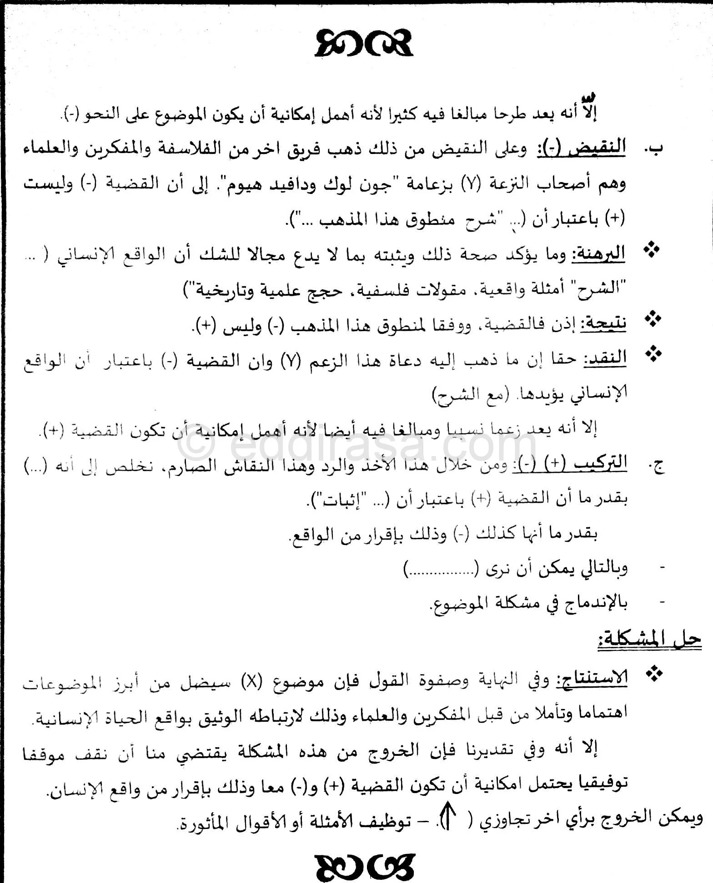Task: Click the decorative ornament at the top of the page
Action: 364,44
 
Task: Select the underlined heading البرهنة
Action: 598,254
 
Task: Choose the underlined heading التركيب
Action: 600,463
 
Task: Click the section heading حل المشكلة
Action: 649,639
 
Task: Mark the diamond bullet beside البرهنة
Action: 653,250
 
